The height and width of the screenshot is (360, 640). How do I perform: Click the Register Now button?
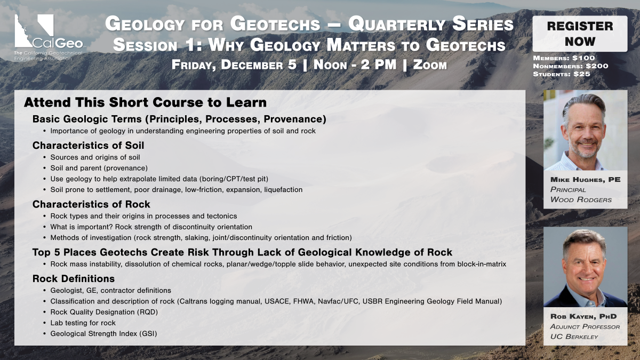580,34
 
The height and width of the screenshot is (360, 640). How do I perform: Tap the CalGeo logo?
49,37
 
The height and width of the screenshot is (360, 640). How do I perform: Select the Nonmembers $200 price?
571,66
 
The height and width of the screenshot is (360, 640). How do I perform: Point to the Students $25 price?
562,74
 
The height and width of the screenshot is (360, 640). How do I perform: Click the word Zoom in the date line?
430,65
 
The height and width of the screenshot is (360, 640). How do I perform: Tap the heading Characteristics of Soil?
88,146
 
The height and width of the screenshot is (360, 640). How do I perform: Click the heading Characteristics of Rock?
91,204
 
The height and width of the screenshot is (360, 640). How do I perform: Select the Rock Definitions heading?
74,278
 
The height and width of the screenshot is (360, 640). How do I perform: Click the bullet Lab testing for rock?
83,323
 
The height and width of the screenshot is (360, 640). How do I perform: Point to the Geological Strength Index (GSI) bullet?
103,334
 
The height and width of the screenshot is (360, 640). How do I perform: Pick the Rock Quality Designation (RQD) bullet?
104,312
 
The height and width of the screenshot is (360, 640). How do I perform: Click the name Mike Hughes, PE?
586,179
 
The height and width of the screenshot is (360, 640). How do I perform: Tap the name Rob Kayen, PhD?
583,316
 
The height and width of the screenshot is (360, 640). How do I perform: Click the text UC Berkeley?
574,337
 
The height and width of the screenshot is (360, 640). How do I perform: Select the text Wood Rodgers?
581,199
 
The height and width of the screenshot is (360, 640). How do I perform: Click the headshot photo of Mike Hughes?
586,130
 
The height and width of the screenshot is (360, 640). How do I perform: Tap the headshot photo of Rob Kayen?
586,267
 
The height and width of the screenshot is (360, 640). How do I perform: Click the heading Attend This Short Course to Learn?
145,102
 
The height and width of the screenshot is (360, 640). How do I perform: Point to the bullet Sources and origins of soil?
95,157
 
